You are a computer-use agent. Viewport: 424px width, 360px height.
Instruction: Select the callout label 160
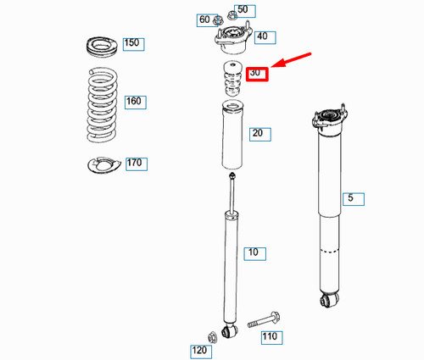(x=134, y=102)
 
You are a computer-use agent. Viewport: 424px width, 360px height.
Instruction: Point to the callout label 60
(x=204, y=19)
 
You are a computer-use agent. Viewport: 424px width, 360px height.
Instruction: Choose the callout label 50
(x=243, y=10)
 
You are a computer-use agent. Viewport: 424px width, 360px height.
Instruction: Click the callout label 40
(x=261, y=36)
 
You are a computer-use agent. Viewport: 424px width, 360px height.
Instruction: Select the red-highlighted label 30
(x=256, y=74)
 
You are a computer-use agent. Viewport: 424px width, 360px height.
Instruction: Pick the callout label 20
(x=257, y=133)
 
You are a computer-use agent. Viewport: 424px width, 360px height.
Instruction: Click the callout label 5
(x=354, y=199)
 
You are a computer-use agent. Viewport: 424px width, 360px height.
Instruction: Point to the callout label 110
(x=270, y=337)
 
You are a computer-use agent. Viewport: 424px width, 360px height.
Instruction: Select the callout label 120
(x=199, y=350)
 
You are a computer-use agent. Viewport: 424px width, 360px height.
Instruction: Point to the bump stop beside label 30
(x=229, y=79)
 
